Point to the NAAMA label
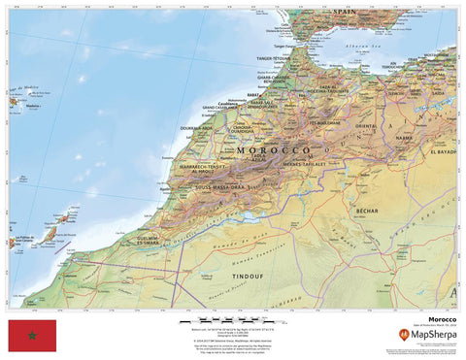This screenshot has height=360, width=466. pyautogui.click(x=400, y=139)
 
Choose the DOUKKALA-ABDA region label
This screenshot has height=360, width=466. pyautogui.click(x=197, y=126)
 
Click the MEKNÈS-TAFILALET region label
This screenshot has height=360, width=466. pyautogui.click(x=310, y=164)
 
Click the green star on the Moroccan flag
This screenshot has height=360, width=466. pyautogui.click(x=32, y=335)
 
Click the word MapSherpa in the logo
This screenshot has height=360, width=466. pyautogui.click(x=433, y=335)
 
